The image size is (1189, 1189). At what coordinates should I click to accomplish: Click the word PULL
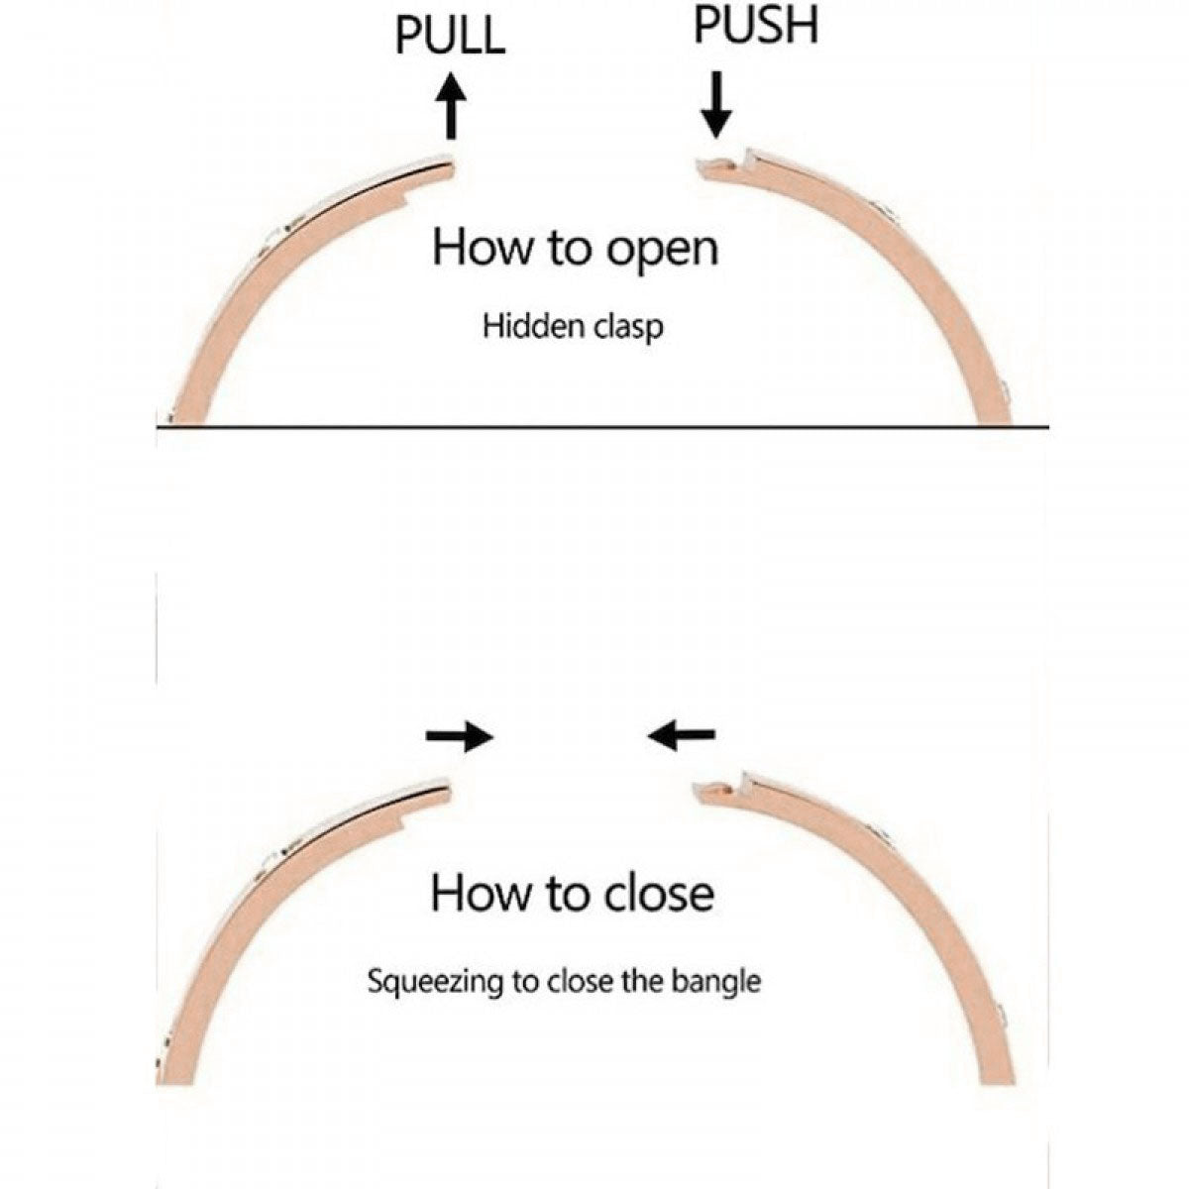tap(450, 36)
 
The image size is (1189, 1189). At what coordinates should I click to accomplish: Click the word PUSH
tap(755, 26)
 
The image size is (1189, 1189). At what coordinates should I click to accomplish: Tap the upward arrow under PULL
tap(452, 106)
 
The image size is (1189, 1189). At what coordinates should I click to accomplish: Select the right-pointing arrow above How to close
tap(459, 736)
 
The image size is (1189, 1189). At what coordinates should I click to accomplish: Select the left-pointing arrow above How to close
tap(681, 734)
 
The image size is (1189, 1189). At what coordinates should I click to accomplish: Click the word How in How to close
tap(477, 893)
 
